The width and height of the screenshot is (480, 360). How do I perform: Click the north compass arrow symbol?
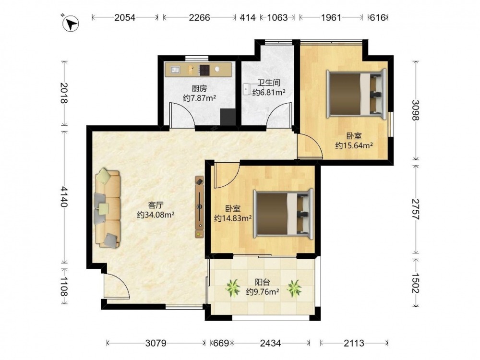[x=71, y=24]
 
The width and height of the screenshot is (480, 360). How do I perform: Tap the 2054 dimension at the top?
[x=125, y=18]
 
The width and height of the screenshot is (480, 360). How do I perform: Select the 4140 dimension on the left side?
[x=64, y=196]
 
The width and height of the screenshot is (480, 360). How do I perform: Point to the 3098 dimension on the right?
[x=415, y=110]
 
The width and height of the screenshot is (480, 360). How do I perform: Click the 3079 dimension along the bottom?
[x=156, y=343]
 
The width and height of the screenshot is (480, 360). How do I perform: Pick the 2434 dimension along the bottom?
[x=270, y=343]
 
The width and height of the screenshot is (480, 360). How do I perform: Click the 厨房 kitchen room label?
[x=199, y=89]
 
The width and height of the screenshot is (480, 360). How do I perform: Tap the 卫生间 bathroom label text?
[x=269, y=83]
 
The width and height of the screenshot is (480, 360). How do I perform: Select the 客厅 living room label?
[x=156, y=205]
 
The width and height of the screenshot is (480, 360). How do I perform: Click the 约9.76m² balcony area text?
[x=263, y=292]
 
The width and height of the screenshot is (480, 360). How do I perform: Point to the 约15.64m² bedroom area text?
[x=354, y=145]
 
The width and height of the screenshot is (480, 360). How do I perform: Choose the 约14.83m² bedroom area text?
[x=233, y=218]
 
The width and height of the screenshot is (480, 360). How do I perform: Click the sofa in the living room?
[x=108, y=208]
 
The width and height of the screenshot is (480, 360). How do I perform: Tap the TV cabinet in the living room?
[x=200, y=207]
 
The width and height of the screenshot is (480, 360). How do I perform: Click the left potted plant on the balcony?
[x=233, y=288]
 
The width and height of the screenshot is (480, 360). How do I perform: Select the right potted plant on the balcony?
[x=294, y=288]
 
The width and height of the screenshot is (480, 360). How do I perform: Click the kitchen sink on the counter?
[x=175, y=70]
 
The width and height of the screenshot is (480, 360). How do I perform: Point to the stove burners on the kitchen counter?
[x=204, y=70]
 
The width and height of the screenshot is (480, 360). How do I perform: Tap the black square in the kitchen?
[x=228, y=117]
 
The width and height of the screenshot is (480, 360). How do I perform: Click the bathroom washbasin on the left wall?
[x=247, y=89]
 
